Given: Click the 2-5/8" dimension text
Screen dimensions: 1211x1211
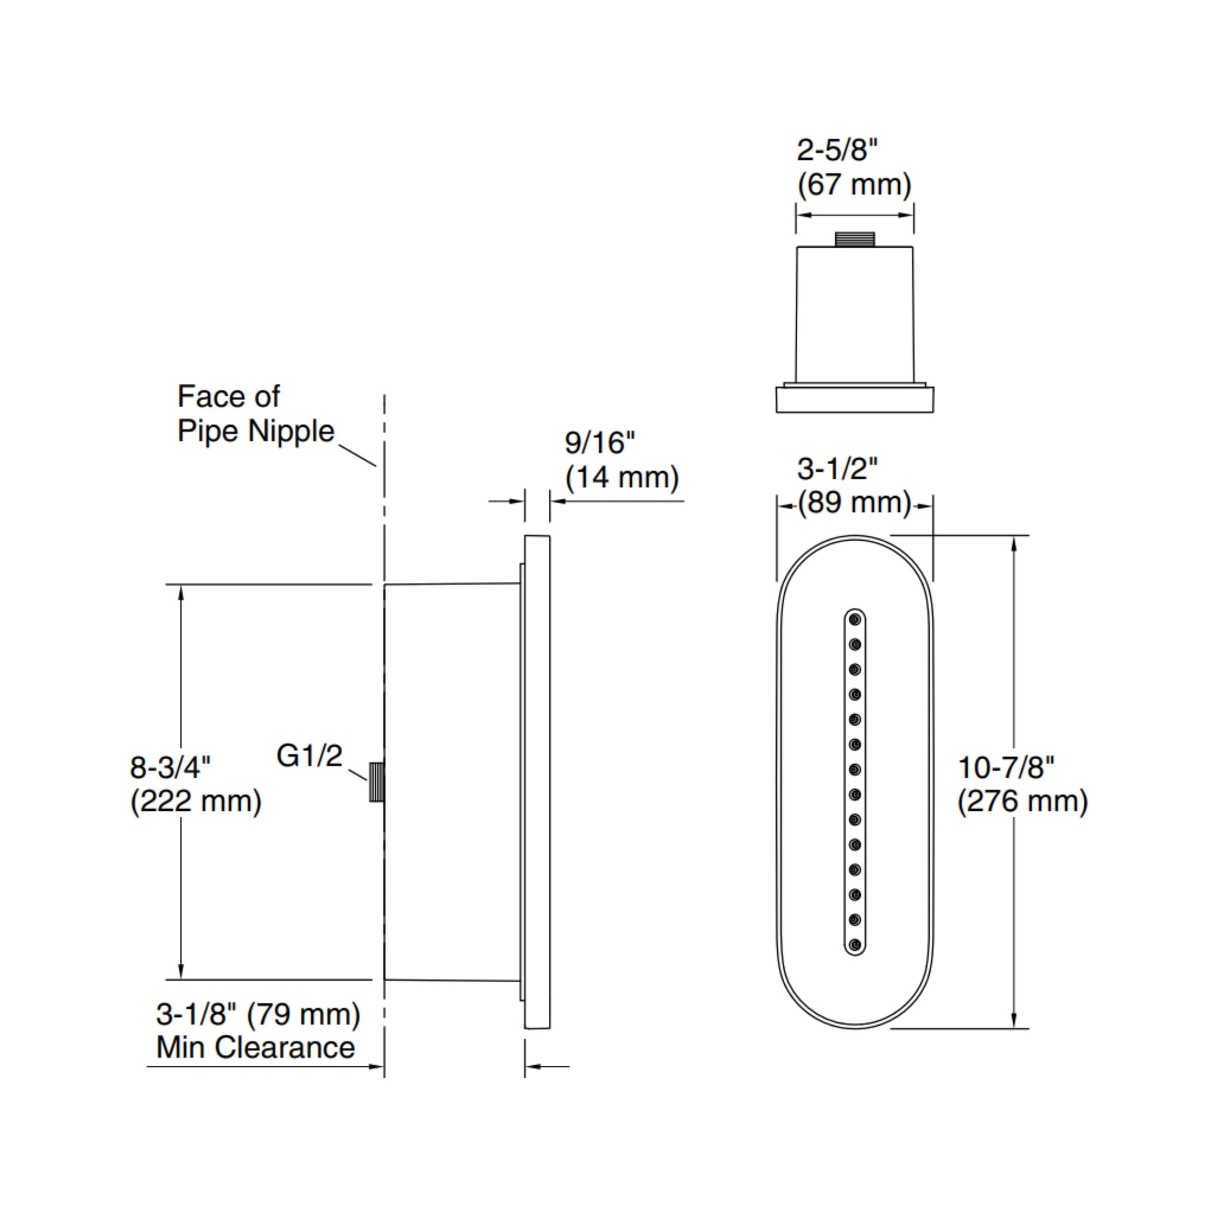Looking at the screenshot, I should point(837,151).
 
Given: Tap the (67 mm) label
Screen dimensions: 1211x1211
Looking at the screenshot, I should point(854,185).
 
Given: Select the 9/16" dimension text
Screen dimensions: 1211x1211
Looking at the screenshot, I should point(599,443).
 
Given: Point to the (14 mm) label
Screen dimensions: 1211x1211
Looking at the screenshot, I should point(622,478).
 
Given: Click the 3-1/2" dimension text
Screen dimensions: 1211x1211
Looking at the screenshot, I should point(837,468).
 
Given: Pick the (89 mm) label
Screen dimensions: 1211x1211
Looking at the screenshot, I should point(854,503).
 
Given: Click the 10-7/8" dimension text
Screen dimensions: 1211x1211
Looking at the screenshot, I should point(1006,767).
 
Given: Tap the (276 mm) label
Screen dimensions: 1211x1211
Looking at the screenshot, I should point(1022,802).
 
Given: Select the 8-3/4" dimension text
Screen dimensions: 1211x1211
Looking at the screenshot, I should point(170,767).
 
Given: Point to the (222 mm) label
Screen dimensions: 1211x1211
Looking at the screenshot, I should point(195,802).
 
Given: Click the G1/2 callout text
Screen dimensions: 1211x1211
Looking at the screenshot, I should point(309,756).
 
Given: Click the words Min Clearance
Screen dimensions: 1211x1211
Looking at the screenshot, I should point(255,1047).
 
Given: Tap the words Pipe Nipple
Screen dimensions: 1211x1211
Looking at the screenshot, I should point(256,431).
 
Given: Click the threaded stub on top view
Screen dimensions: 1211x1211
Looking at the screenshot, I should point(854,239).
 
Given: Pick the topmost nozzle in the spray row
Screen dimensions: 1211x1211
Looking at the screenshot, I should point(854,620).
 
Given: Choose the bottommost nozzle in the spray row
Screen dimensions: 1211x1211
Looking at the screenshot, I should point(854,944).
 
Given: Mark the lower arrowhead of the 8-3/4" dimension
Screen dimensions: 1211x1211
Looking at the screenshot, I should point(181,970).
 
